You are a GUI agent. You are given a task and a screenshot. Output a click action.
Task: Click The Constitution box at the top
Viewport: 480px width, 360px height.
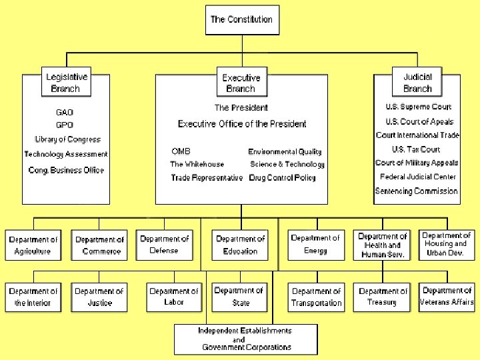pos(241,20)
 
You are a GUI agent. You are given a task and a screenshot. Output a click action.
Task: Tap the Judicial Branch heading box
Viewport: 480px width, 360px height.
pos(417,83)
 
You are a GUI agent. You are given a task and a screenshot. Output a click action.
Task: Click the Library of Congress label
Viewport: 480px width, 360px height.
pos(68,139)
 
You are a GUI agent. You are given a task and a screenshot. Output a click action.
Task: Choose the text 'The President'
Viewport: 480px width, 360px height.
pos(241,107)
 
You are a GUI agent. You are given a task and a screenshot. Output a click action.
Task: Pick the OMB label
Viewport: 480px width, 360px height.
pos(181,151)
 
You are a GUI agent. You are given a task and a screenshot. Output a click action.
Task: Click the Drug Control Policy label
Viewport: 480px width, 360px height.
pos(282,177)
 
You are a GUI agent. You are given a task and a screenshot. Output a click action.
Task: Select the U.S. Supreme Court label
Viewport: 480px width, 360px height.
pos(418,107)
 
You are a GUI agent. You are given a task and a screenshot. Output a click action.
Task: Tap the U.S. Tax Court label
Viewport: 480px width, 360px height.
pos(416,149)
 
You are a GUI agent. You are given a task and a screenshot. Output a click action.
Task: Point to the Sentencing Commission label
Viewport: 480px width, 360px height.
pos(417,191)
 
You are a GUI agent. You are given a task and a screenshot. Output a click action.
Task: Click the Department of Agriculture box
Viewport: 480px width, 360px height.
pos(33,245)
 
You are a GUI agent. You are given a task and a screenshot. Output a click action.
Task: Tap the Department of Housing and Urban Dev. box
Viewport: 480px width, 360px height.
pos(447,244)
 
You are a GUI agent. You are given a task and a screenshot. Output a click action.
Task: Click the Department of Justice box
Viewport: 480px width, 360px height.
pos(99,297)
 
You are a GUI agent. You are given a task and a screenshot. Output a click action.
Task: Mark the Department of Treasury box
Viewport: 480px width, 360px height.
pos(382,297)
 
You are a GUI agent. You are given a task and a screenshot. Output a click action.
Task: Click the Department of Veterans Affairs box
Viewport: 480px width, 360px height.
pos(447,297)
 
